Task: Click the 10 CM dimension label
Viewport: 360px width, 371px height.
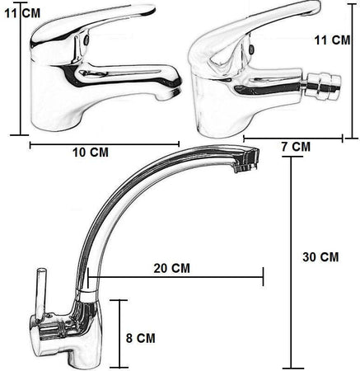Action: coord(91,153)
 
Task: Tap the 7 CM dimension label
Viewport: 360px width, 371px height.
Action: coord(296,147)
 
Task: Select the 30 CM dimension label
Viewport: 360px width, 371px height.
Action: coord(320,257)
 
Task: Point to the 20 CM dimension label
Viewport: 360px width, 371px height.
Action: coord(171,268)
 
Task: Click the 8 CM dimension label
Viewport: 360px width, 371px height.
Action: coord(141,338)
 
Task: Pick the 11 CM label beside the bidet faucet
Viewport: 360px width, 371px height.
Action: coord(332,40)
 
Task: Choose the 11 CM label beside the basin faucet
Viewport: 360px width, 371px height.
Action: coord(22,13)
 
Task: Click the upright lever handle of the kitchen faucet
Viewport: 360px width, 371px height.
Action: coord(40,294)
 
